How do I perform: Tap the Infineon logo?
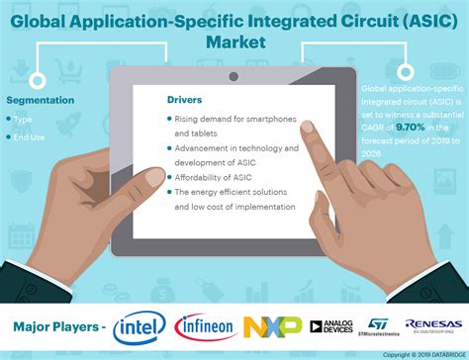(204, 327)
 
